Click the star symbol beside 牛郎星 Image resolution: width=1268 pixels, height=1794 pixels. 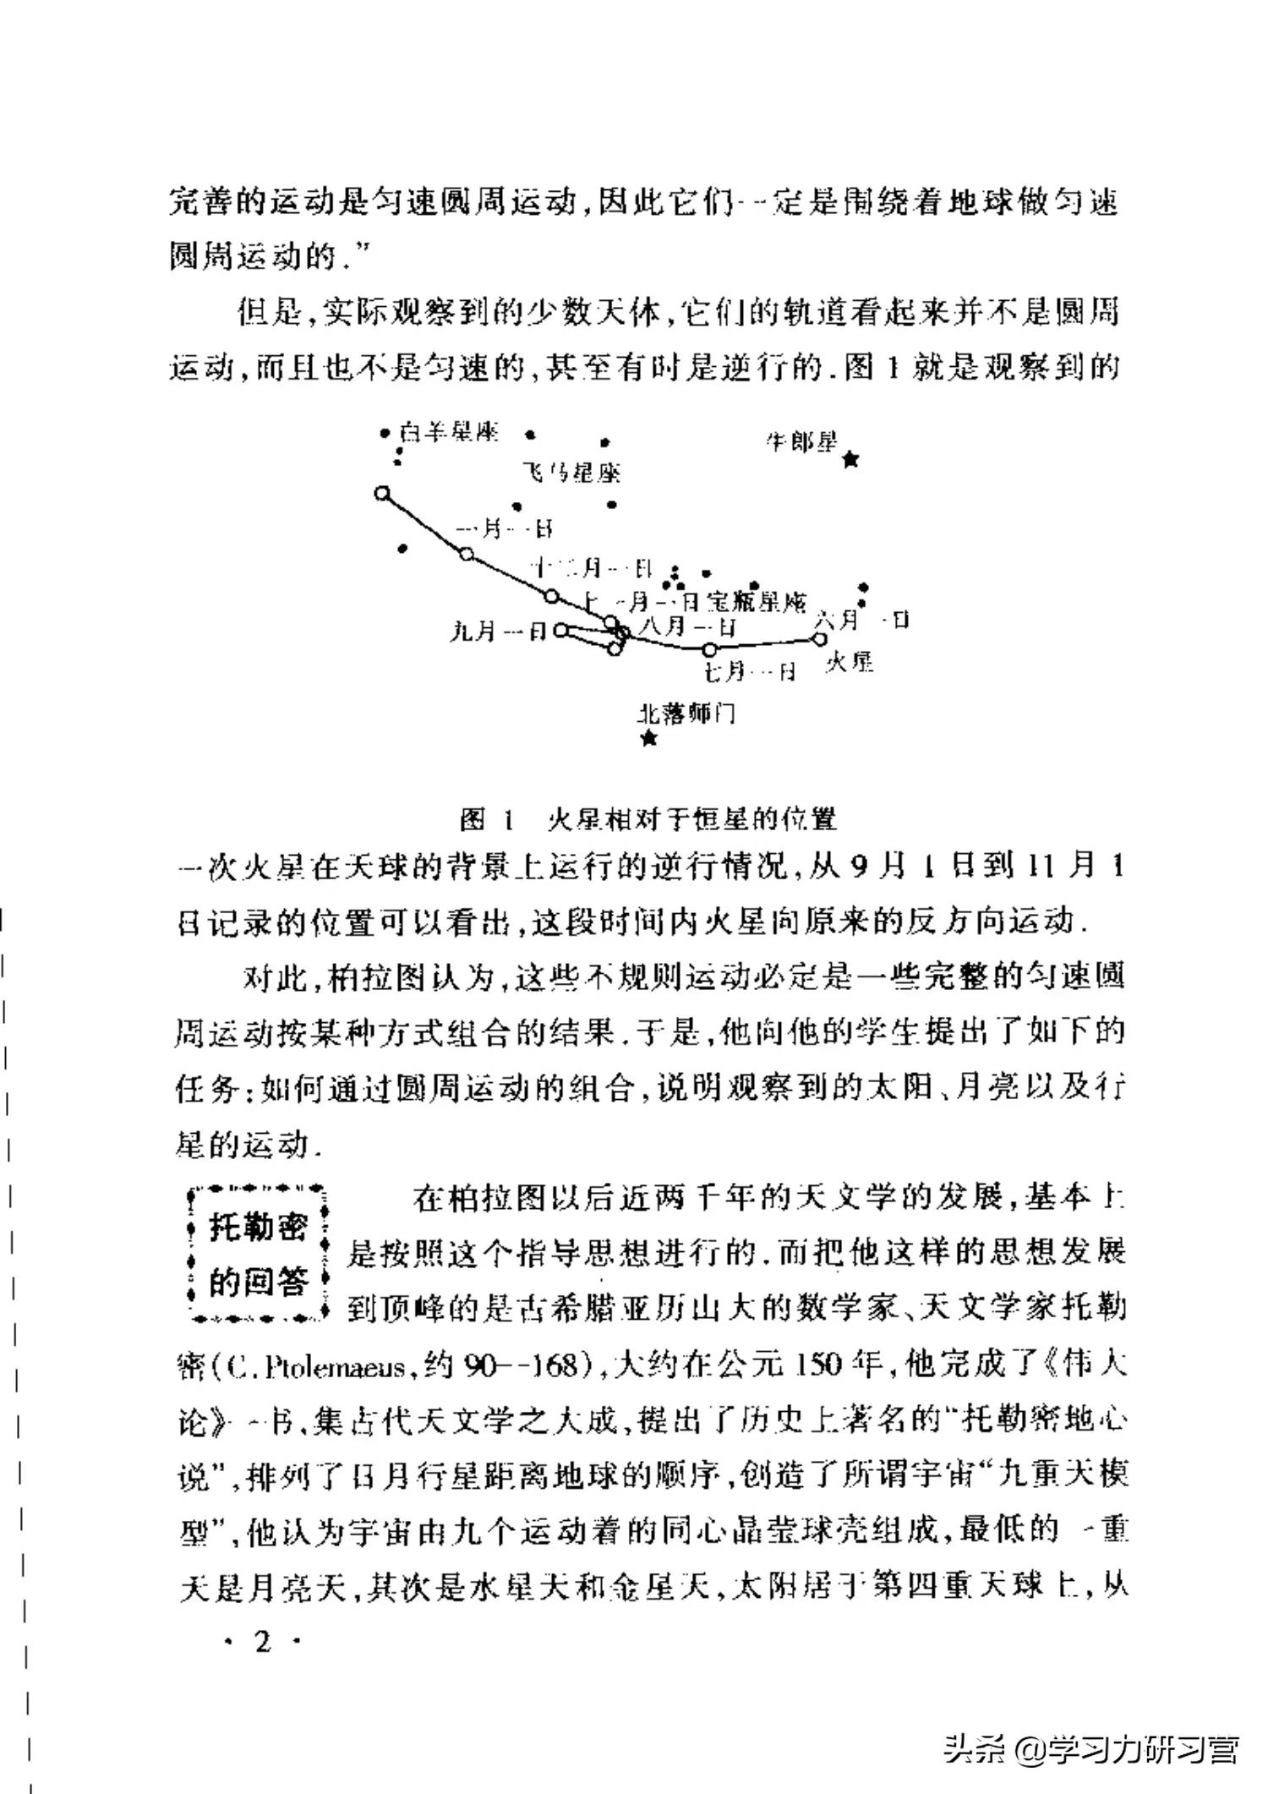coord(851,460)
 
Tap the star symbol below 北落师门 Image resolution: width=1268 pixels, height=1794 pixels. coord(648,739)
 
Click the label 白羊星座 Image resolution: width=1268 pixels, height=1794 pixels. coord(450,433)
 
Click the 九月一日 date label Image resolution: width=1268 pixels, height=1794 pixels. coord(499,631)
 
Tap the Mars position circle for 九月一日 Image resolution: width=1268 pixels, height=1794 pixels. coord(560,630)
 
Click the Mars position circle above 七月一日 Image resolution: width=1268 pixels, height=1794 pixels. coord(710,649)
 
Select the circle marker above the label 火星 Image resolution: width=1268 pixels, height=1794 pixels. coord(819,640)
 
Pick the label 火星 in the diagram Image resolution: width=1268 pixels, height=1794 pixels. coord(850,661)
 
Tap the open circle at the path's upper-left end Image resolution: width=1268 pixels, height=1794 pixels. coord(382,493)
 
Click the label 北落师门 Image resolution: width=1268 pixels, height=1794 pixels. coord(686,714)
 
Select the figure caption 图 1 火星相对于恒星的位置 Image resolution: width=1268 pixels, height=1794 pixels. coord(648,818)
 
